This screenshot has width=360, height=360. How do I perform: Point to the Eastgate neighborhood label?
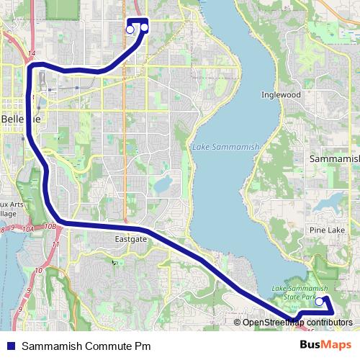coord(130,238)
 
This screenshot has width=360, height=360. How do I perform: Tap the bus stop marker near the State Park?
coord(320,303)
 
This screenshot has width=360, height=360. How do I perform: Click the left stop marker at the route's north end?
coord(130,30)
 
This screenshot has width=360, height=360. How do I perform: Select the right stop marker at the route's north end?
coord(144,28)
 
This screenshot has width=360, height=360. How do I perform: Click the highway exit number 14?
coord(31,54)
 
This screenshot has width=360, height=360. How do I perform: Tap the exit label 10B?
coord(50,227)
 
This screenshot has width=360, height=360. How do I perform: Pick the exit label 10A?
coord(28,229)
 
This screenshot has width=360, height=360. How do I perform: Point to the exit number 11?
coord(55,246)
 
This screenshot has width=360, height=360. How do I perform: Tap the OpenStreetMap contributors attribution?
coord(297,323)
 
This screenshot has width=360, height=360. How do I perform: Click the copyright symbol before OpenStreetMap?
coord(238,323)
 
